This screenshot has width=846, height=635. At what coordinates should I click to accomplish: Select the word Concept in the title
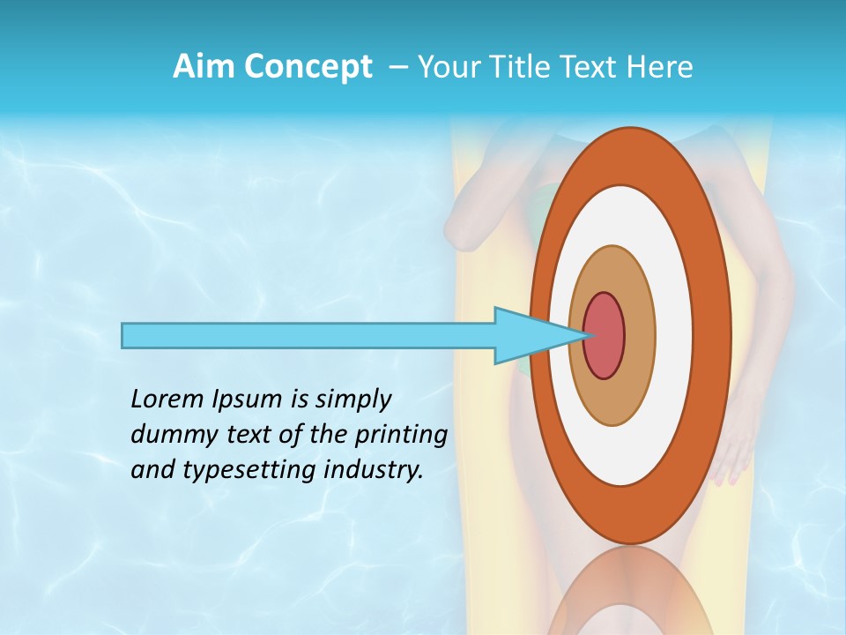(308, 66)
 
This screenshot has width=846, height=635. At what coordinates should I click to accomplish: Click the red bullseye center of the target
(605, 335)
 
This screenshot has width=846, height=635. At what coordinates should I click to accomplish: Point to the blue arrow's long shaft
(308, 335)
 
